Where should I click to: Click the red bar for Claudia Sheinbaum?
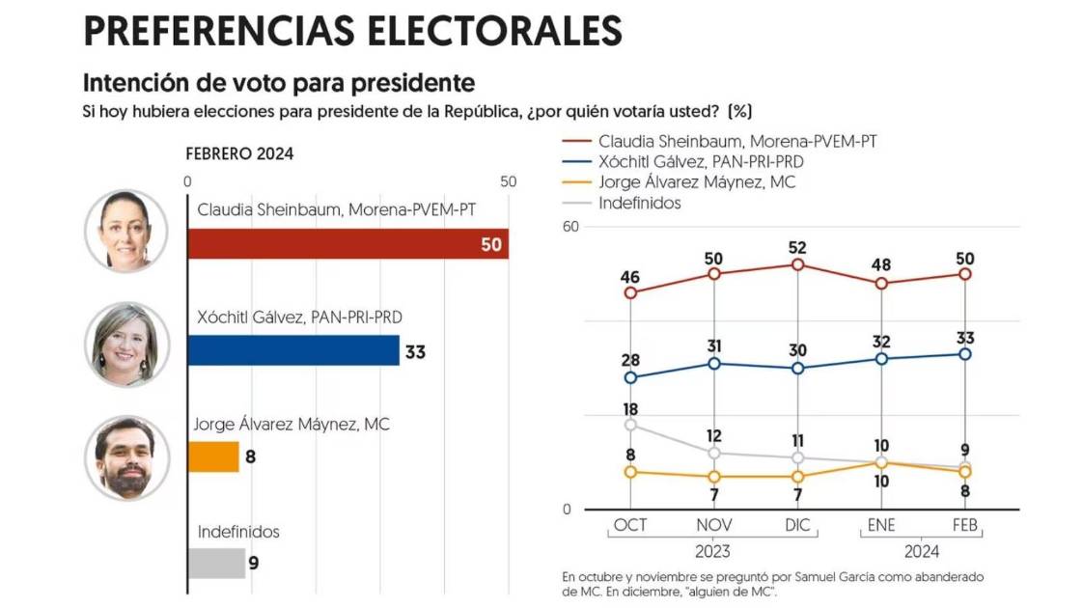347,244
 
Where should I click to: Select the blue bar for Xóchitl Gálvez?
293,350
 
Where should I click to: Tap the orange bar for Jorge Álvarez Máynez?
213,456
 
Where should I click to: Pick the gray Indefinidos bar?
216,563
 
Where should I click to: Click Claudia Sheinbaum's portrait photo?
126,231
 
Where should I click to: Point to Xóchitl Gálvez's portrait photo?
126,345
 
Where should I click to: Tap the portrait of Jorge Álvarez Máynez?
126,457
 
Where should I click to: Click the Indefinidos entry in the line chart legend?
639,203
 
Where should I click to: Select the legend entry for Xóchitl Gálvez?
701,161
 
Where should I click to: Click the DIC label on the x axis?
797,524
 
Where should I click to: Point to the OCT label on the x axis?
629,524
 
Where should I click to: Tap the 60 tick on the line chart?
569,227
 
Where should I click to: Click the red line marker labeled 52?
797,264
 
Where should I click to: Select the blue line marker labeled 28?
630,377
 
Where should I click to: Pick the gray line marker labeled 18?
630,425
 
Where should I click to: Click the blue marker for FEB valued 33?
965,354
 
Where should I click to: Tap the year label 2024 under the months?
923,552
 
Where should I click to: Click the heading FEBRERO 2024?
239,153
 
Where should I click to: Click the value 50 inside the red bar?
491,245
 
